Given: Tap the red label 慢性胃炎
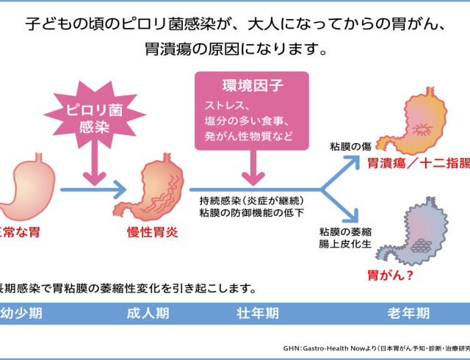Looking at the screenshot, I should coord(156,232).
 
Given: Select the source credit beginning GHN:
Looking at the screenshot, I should coord(375,348).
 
